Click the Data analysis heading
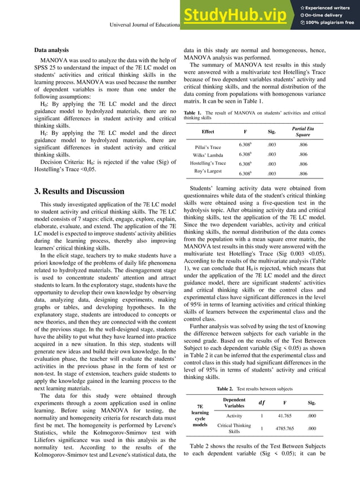pyautogui.click(x=51, y=50)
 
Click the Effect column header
pyautogui.click(x=208, y=132)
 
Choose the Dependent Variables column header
pyautogui.click(x=234, y=402)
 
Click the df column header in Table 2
pyautogui.click(x=261, y=403)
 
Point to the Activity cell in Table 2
pyautogui.click(x=234, y=416)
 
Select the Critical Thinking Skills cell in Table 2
pyautogui.click(x=234, y=428)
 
